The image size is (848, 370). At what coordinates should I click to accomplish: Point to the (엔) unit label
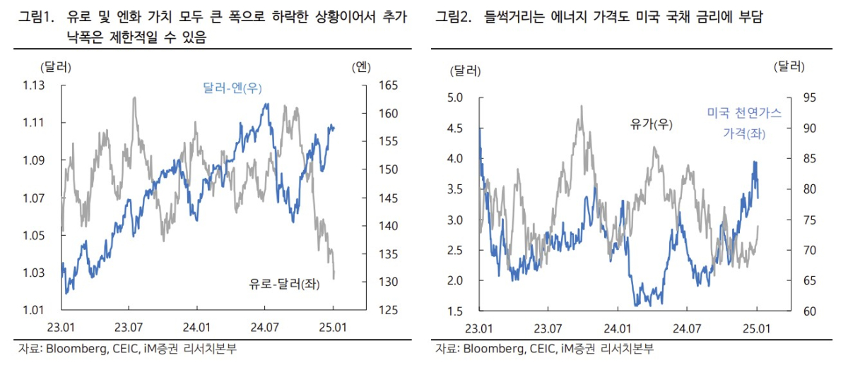(360, 68)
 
